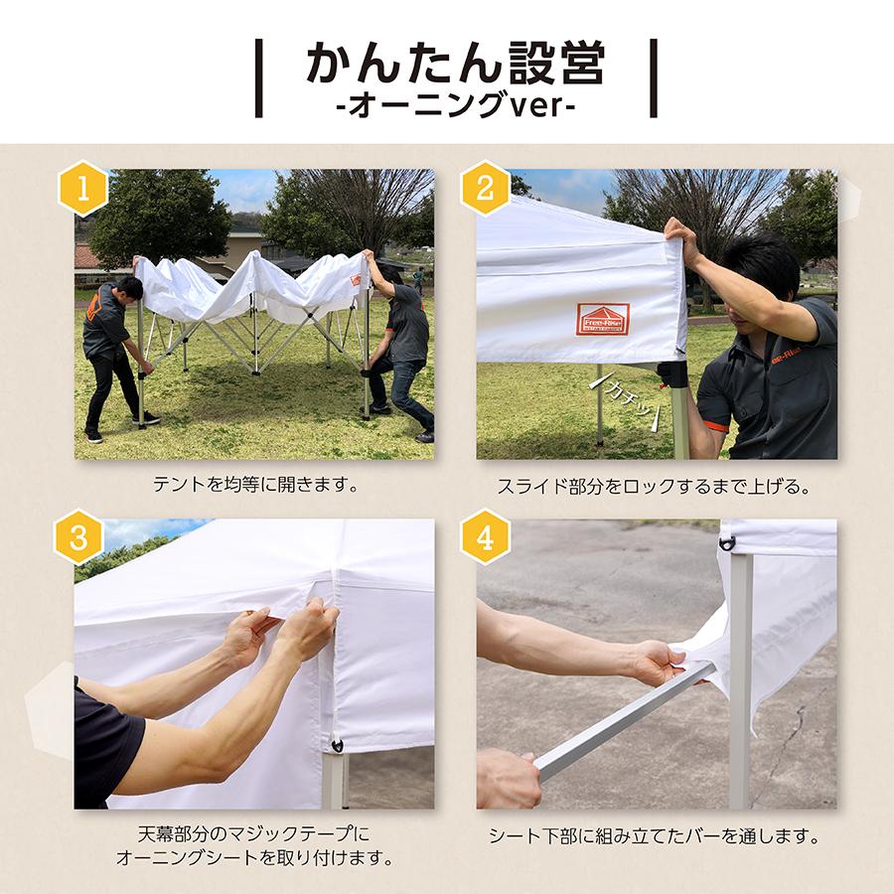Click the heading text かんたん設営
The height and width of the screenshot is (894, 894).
coord(454,65)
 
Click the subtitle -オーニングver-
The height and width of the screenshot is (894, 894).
coord(454,104)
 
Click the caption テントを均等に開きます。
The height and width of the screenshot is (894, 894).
coord(254,487)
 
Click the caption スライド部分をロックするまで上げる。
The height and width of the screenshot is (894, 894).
coord(656,487)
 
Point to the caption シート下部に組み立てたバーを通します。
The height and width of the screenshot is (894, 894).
coord(656,836)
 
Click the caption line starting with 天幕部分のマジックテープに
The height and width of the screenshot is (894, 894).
coord(254,832)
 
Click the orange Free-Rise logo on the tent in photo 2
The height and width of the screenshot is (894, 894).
coord(602,319)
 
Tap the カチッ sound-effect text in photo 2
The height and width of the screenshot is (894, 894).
coord(627,396)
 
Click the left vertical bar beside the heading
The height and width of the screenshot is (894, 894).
coord(259,78)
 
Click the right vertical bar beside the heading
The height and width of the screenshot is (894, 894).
coord(653,78)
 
